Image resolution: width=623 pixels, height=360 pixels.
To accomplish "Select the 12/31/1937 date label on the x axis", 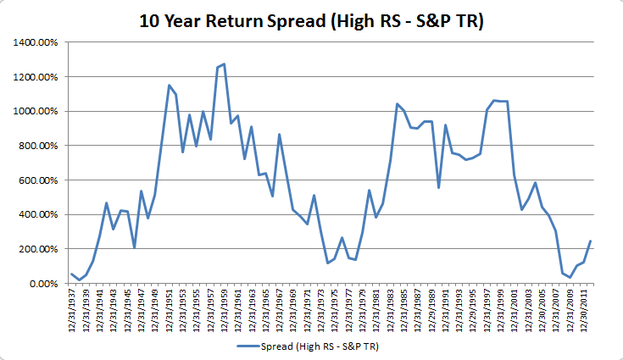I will click(x=72, y=312).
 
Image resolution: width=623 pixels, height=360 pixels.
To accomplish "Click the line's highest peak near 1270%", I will click(x=224, y=64).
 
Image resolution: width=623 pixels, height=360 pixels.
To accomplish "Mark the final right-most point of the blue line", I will click(x=590, y=241).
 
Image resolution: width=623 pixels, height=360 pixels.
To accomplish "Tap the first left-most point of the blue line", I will click(x=72, y=274).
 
